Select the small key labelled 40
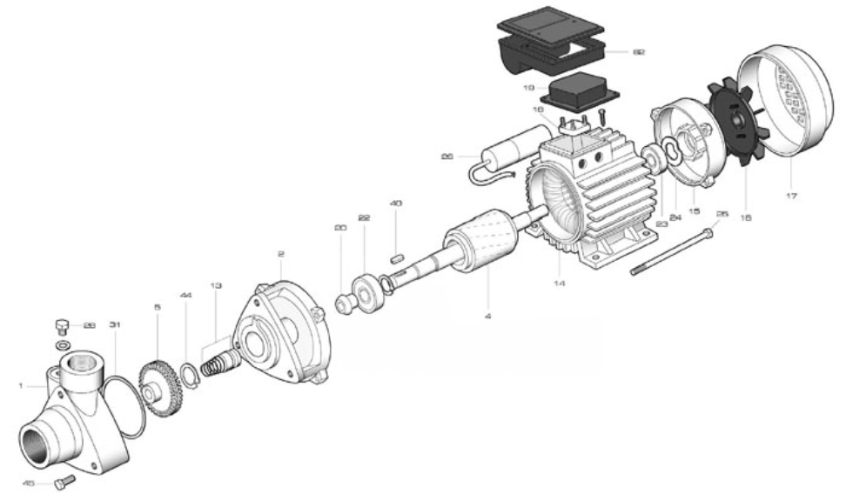(x=396, y=257)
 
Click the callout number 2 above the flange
(x=280, y=254)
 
